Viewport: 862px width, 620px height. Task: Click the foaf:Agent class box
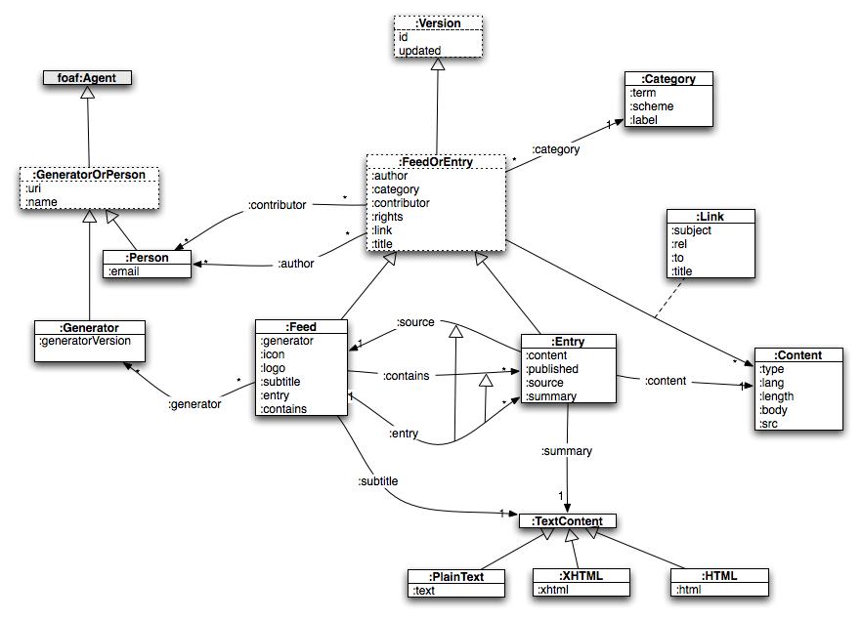point(87,77)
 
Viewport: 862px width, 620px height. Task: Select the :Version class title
point(438,22)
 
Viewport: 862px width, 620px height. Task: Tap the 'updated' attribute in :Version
point(419,50)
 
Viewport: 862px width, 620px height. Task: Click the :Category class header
point(669,79)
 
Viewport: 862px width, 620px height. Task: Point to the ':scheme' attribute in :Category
point(651,106)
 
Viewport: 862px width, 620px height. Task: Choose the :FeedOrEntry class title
point(436,162)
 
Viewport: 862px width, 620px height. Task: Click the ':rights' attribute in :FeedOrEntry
point(387,217)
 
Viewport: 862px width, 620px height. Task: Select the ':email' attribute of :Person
point(124,271)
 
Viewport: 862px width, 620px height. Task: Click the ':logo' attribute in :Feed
point(274,368)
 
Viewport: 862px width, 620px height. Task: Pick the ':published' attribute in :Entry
point(552,369)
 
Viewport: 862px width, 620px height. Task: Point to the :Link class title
point(711,216)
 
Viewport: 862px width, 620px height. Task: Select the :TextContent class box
point(568,521)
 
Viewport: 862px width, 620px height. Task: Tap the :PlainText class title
point(456,576)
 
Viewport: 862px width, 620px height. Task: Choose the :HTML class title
point(718,576)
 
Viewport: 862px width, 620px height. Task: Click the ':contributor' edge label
point(277,205)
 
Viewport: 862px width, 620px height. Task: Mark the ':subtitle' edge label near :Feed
point(377,480)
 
